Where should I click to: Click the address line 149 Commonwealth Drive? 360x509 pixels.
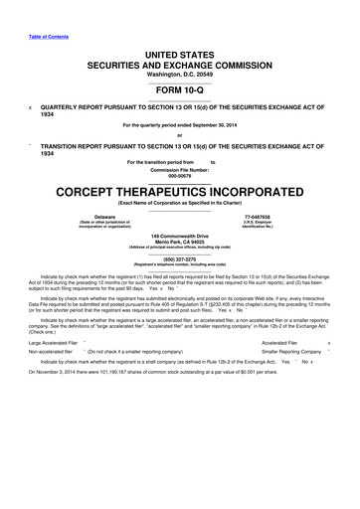click(180, 235)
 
